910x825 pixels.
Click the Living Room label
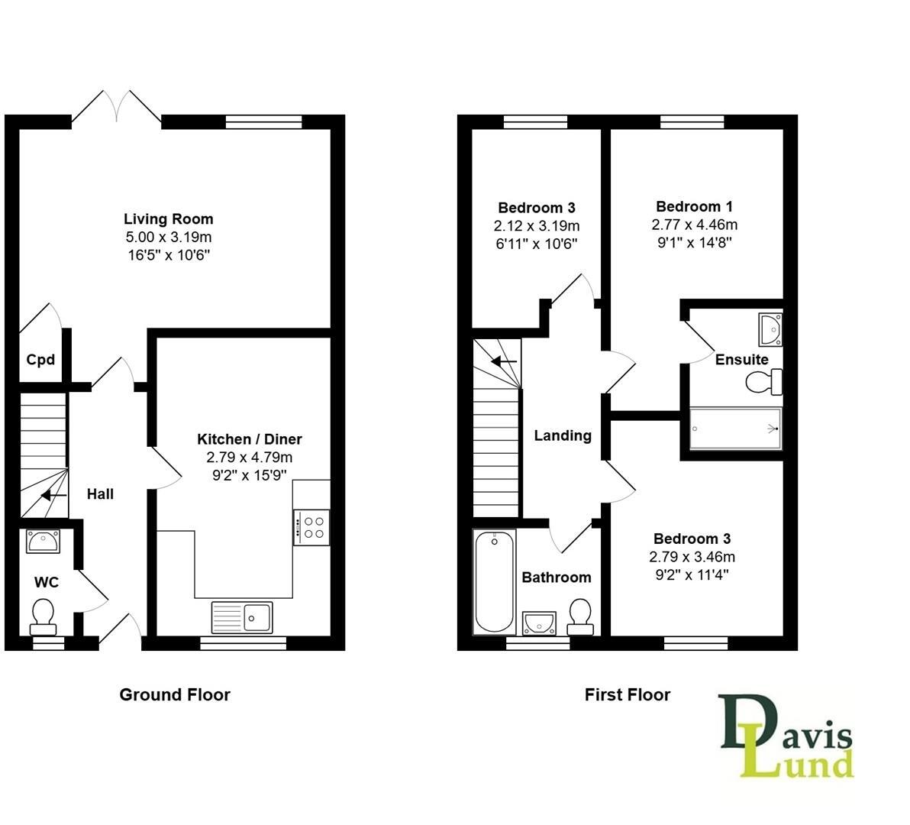click(x=169, y=219)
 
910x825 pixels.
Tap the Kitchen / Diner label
click(x=249, y=439)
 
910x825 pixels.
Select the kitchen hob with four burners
click(x=311, y=527)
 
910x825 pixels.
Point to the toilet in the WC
click(x=43, y=616)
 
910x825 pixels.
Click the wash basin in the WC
click(x=43, y=542)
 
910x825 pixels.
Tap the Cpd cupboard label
click(x=40, y=359)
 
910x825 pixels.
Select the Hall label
click(x=100, y=494)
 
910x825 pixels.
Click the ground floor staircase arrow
click(x=53, y=496)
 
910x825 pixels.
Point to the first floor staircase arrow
click(x=504, y=361)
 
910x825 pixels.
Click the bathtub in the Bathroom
click(x=494, y=582)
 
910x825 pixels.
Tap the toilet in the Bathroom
click(x=580, y=616)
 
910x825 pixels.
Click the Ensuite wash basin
click(x=770, y=328)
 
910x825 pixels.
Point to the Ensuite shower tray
click(x=736, y=429)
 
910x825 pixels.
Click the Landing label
click(x=563, y=435)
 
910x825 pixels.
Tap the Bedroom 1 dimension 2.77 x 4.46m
click(x=694, y=225)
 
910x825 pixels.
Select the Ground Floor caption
click(x=174, y=694)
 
